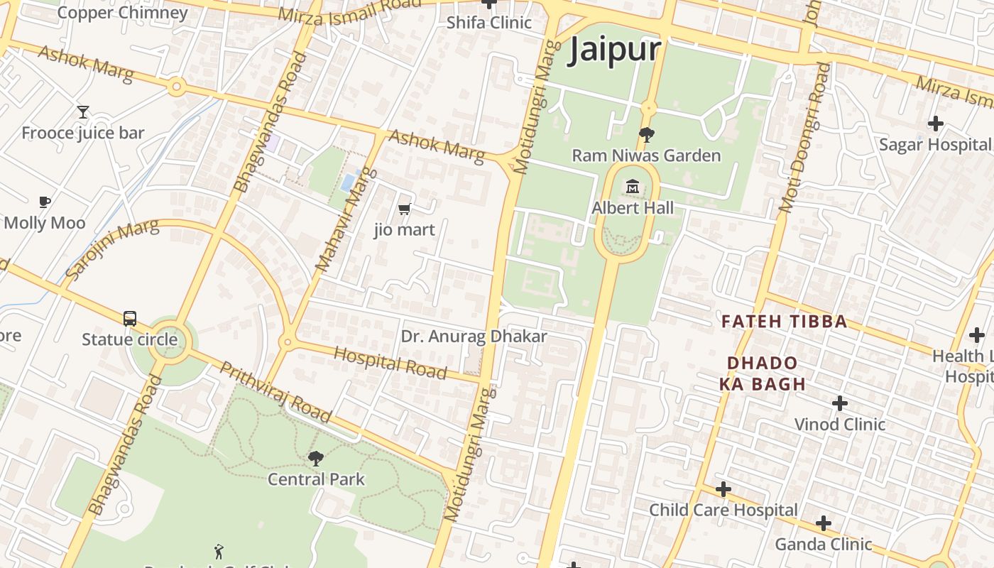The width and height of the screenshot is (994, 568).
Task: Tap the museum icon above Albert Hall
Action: click(x=633, y=187)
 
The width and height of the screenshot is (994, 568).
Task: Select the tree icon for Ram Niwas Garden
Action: click(x=646, y=134)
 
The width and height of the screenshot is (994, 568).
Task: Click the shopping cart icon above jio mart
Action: click(x=404, y=209)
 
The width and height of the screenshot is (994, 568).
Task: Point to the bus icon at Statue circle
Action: click(x=129, y=318)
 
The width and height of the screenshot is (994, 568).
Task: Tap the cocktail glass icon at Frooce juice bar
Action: click(x=83, y=112)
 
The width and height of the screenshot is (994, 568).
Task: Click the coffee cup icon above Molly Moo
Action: click(x=45, y=202)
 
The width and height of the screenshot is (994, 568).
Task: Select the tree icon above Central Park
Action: click(x=316, y=459)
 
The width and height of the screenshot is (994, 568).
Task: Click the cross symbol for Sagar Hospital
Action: click(x=936, y=124)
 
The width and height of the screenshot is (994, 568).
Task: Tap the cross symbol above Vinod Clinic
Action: click(x=840, y=403)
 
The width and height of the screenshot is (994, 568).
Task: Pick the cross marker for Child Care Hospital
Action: click(x=723, y=489)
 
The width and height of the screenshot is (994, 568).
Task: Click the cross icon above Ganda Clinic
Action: click(x=824, y=523)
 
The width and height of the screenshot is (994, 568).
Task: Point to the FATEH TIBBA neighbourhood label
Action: click(x=774, y=321)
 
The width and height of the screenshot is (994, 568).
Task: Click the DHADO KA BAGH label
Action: click(x=763, y=373)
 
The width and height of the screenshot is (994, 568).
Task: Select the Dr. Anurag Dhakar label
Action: click(x=474, y=337)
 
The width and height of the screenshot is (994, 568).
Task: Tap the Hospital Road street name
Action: click(x=390, y=363)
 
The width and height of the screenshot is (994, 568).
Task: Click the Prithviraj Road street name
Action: click(x=275, y=392)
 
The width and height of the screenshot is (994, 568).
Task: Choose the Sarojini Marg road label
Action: click(x=111, y=250)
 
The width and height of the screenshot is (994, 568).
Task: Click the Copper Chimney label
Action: click(x=122, y=13)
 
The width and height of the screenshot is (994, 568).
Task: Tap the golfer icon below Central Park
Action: click(x=219, y=551)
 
